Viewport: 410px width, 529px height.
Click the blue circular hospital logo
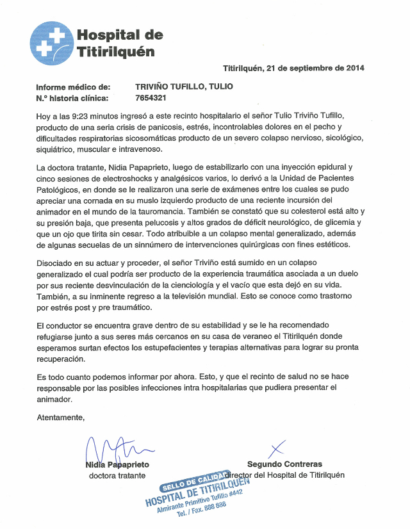tap(51, 43)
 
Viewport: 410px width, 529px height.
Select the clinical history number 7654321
tap(151, 98)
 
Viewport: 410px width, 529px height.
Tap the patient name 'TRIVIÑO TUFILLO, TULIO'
tap(184, 86)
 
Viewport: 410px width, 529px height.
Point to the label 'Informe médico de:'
tap(73, 86)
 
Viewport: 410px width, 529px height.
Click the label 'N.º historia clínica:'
tap(72, 98)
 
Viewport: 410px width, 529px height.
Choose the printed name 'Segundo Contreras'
tap(284, 464)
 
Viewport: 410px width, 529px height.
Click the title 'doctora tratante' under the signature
tap(117, 475)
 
